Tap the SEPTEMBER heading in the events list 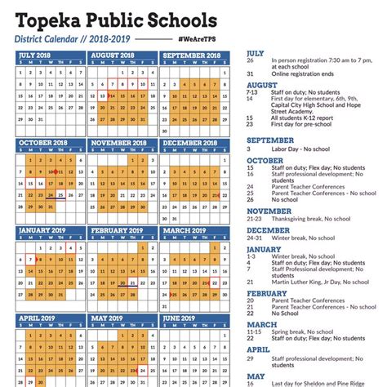269,140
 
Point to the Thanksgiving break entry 310,220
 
